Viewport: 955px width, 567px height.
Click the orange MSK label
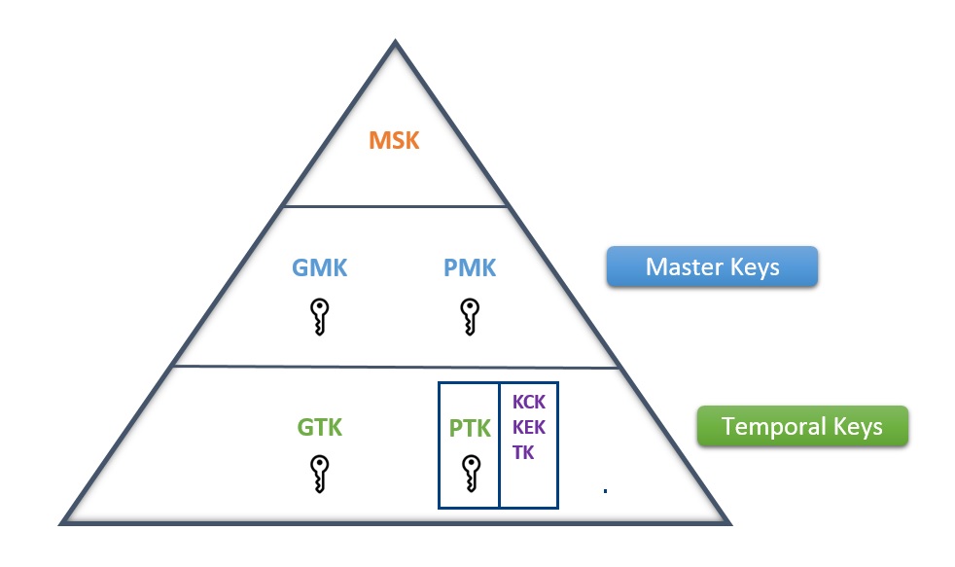click(394, 140)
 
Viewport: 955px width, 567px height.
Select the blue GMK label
click(320, 267)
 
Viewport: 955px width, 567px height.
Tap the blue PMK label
click(469, 267)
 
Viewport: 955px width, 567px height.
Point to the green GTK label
click(320, 427)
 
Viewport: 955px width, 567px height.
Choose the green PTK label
click(470, 427)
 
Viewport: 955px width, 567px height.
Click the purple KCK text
click(528, 403)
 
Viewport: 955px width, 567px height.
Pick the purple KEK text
click(528, 428)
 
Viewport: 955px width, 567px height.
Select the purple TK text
click(522, 452)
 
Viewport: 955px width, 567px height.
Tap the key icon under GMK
click(320, 316)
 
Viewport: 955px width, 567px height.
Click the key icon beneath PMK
click(469, 316)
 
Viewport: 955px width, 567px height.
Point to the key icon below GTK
click(320, 474)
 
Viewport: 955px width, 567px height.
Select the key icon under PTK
click(470, 474)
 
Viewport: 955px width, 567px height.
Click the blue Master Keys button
click(712, 266)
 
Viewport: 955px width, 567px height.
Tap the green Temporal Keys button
click(801, 426)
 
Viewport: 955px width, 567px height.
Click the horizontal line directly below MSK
click(394, 206)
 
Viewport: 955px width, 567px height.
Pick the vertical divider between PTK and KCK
click(499, 444)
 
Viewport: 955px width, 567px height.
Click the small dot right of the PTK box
click(605, 491)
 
